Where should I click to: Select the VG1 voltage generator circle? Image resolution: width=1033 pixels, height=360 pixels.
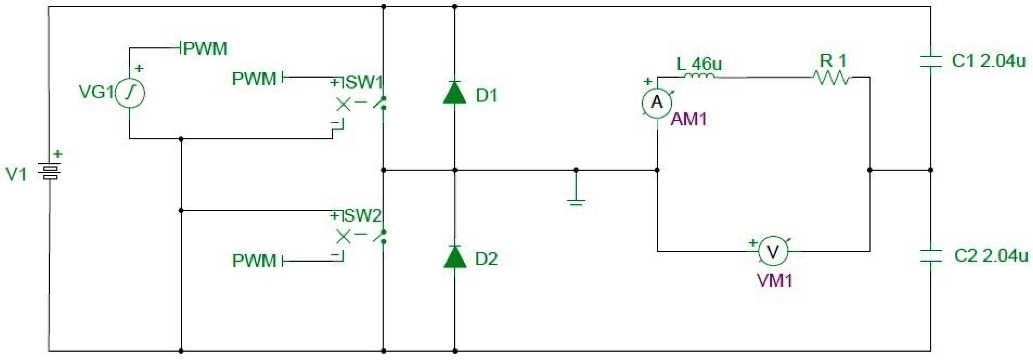[x=129, y=93]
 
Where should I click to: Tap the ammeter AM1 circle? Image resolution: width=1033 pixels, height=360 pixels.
[x=657, y=103]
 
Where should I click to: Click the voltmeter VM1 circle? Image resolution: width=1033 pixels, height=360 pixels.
[x=772, y=252]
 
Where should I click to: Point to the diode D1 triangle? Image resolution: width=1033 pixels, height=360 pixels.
[x=454, y=93]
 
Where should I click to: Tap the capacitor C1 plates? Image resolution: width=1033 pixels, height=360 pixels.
[x=930, y=62]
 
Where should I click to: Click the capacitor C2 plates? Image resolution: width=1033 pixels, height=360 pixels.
[x=930, y=256]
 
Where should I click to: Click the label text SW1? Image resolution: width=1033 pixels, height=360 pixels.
[x=364, y=83]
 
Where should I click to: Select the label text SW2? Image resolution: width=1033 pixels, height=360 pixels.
[x=363, y=216]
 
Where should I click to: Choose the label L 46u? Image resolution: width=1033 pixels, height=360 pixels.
[x=699, y=63]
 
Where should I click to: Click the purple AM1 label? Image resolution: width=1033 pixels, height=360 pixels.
[x=689, y=119]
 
